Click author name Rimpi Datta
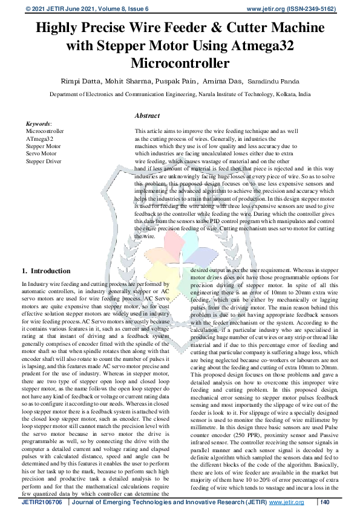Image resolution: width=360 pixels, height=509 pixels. (97, 81)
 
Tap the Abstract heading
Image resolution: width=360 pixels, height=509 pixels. (148, 115)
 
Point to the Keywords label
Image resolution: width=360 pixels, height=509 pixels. (39, 123)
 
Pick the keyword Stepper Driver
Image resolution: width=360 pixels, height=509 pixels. (44, 162)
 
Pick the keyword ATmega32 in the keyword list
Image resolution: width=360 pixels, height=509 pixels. (40, 138)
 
